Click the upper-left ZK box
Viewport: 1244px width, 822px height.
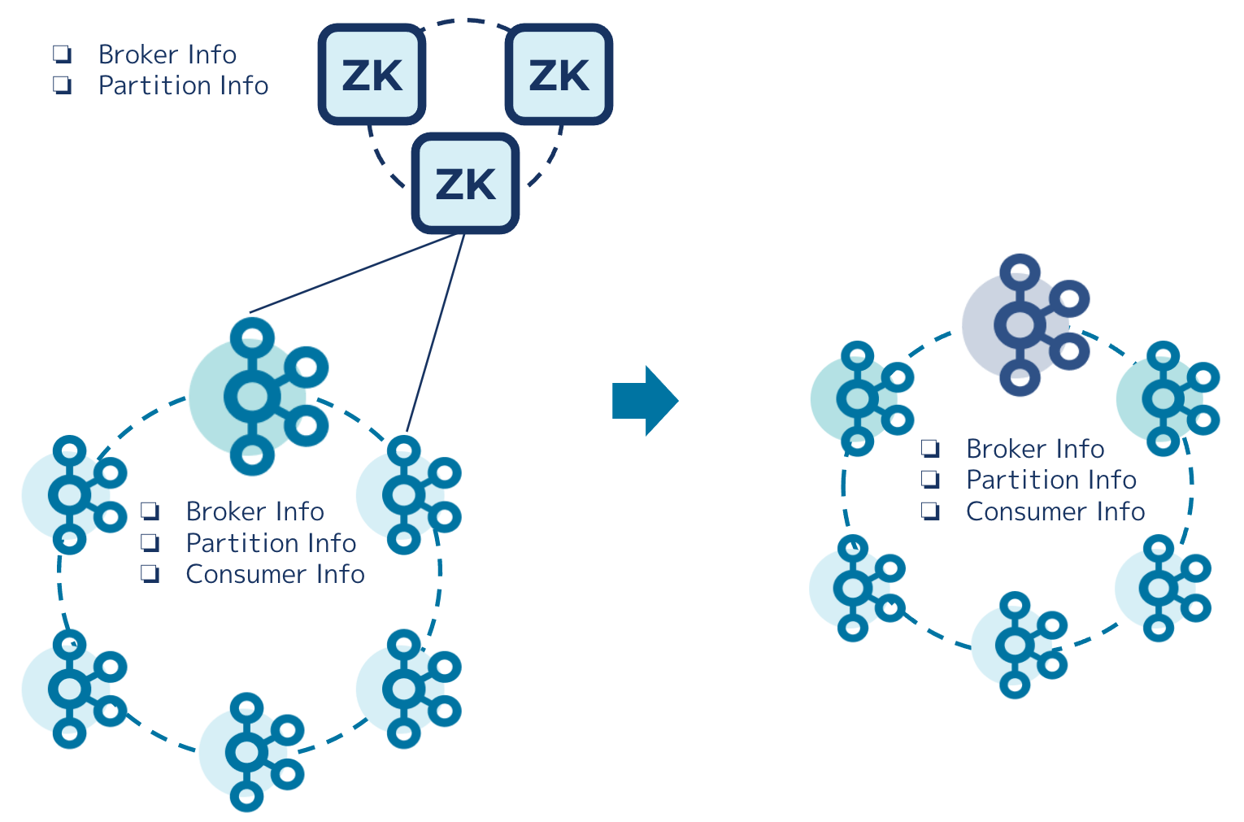(x=372, y=74)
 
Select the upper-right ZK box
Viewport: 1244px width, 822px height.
(x=559, y=74)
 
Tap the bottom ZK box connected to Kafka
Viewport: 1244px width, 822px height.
(x=465, y=183)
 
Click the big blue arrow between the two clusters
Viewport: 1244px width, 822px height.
(x=646, y=401)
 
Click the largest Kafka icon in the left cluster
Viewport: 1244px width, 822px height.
(x=259, y=397)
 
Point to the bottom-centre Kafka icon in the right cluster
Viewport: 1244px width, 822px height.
(x=1020, y=645)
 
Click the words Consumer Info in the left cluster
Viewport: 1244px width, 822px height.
(x=275, y=574)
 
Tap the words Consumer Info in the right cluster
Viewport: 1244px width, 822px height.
(x=1055, y=511)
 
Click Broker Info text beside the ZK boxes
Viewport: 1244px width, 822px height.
(x=167, y=54)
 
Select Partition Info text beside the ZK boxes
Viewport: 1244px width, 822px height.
(x=183, y=85)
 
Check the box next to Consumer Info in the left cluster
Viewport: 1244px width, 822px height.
(x=150, y=574)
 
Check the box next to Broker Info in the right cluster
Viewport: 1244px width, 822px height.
(x=930, y=448)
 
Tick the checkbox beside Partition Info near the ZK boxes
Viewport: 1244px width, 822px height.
(x=62, y=85)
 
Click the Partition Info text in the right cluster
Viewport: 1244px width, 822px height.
(x=1051, y=480)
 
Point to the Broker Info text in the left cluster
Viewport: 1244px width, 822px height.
(x=255, y=511)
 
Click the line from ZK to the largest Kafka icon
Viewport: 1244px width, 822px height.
(x=353, y=273)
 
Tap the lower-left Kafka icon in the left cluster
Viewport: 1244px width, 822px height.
(x=75, y=689)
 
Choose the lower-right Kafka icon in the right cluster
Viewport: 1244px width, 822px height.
(x=1163, y=588)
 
